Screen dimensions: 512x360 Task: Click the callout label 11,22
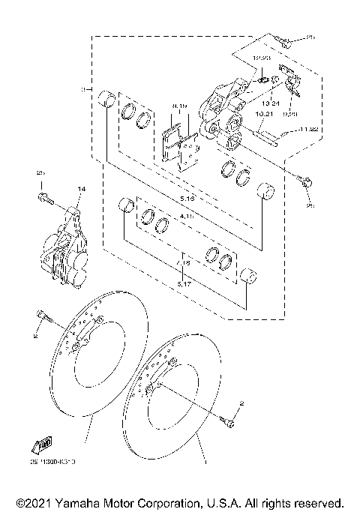click(308, 130)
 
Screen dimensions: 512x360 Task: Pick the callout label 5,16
click(187, 199)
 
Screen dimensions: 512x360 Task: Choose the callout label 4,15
click(187, 216)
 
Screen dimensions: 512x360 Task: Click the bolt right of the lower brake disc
click(228, 418)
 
